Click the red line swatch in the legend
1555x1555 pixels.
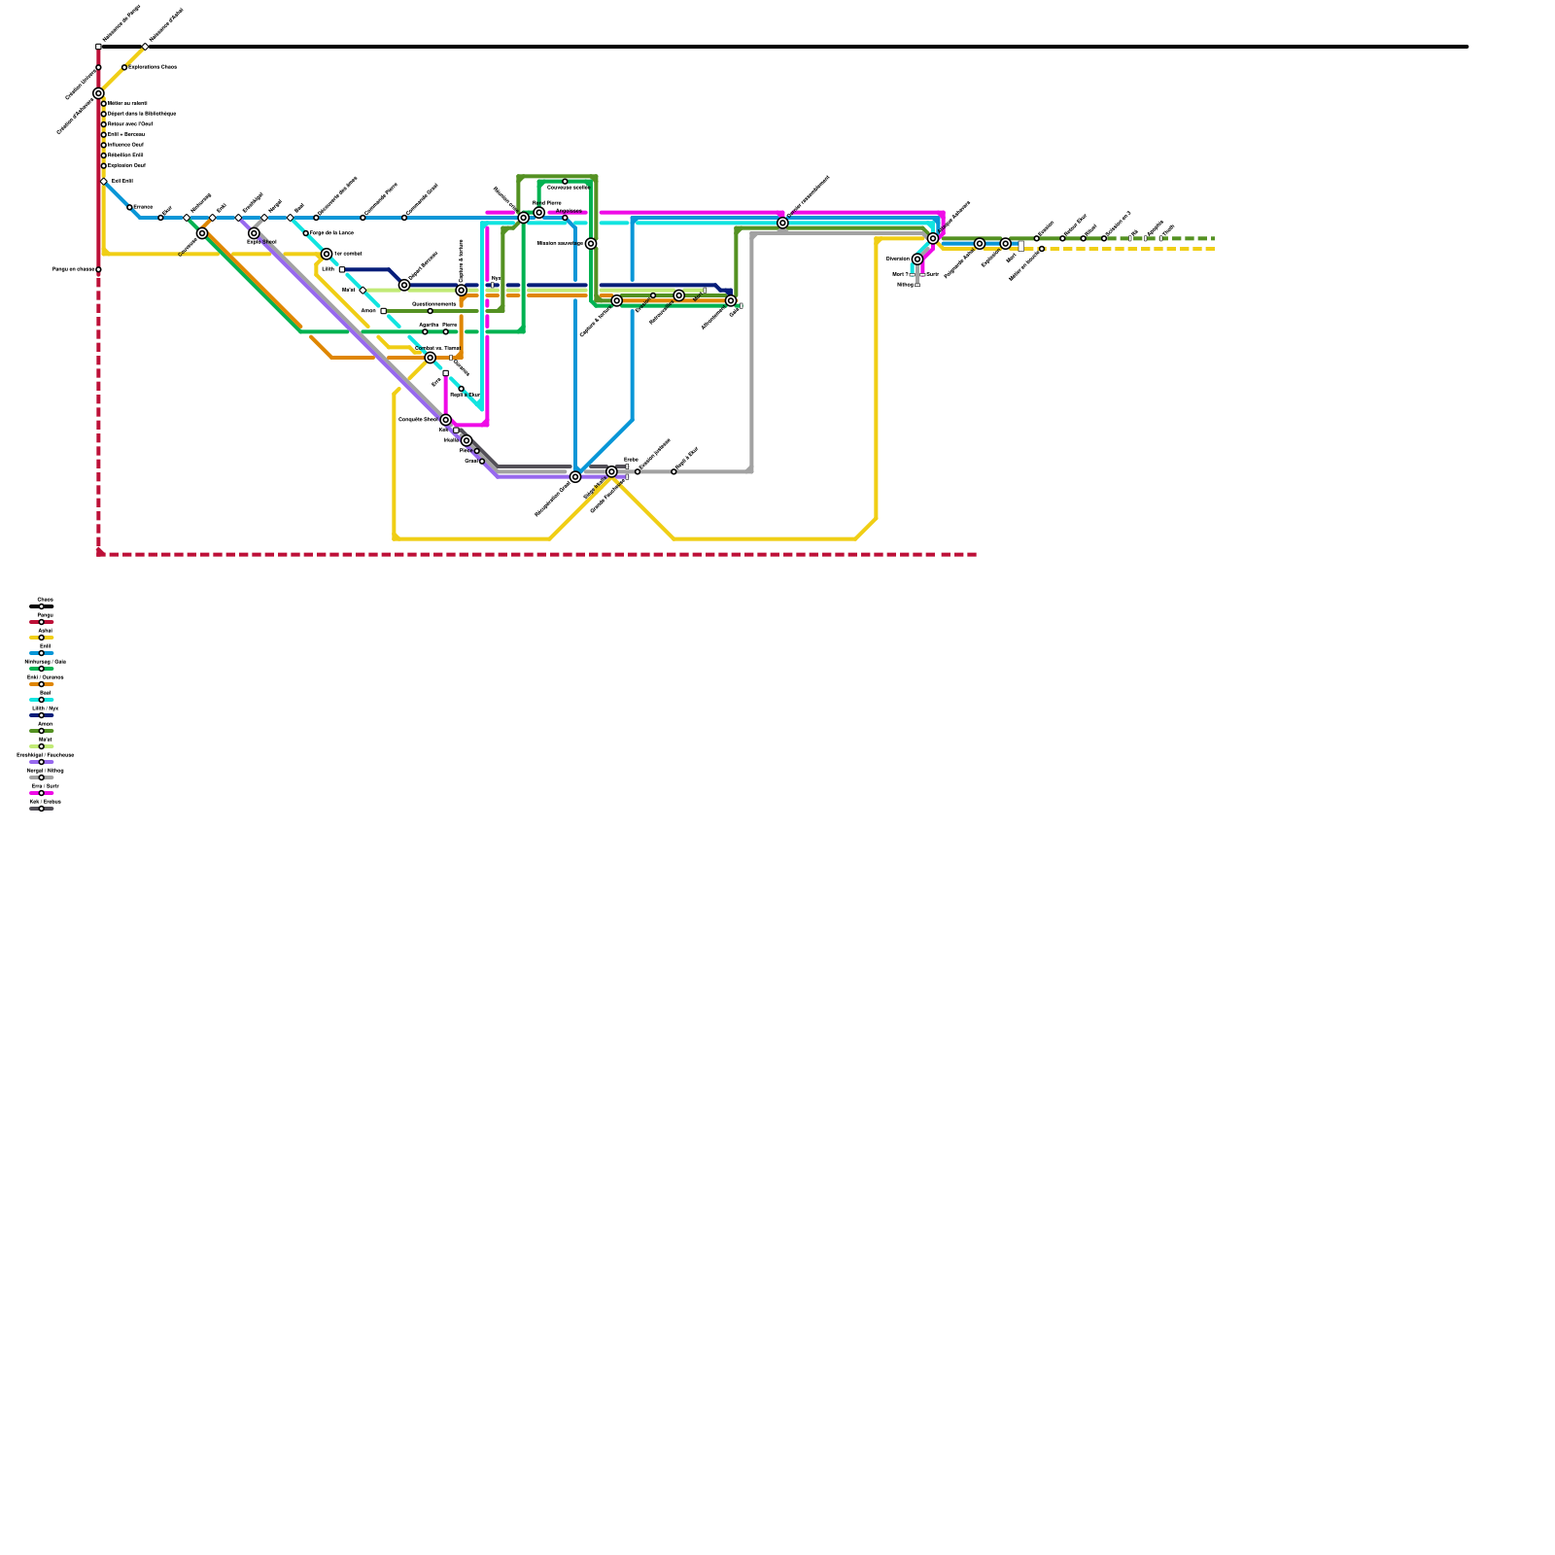pos(41,622)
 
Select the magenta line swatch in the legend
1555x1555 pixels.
pos(41,793)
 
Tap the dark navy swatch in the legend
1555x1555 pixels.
pos(41,715)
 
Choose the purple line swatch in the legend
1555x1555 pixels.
pos(41,762)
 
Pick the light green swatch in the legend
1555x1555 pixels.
pos(41,746)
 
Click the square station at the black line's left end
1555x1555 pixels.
pos(98,47)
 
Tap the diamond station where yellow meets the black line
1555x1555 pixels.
pos(145,47)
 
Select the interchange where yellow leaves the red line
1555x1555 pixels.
pos(98,93)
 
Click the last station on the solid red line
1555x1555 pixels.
pos(98,269)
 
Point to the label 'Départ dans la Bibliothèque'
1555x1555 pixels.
pos(142,114)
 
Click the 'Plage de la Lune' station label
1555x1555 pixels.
pos(331,233)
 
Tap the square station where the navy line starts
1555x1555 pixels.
pos(342,269)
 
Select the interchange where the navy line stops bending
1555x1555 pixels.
pos(404,285)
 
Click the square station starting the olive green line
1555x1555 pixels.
pos(383,311)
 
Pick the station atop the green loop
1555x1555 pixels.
pos(565,182)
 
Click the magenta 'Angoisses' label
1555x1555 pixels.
pos(570,210)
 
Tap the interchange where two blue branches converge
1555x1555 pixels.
pos(575,476)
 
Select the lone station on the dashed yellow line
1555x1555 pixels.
pos(1042,249)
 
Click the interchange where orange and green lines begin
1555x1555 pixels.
pos(202,233)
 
